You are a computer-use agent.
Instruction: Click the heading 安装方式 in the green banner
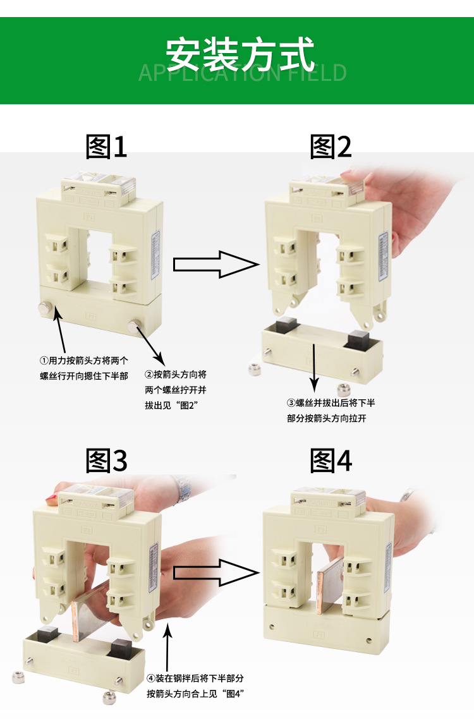tap(240, 54)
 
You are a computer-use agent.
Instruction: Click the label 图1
tap(106, 147)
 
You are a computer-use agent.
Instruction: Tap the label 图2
tap(331, 147)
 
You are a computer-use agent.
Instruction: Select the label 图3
tap(106, 461)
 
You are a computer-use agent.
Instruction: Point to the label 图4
tap(331, 461)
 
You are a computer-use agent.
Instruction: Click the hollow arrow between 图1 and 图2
tap(216, 264)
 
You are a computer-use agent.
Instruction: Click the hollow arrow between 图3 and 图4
tap(216, 572)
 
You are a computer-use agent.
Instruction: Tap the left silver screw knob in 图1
tap(45, 308)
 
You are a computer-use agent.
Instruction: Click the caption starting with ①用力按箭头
tap(83, 368)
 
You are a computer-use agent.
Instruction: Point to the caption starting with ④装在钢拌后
tap(195, 686)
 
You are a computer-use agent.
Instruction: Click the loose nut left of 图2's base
tap(255, 368)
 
